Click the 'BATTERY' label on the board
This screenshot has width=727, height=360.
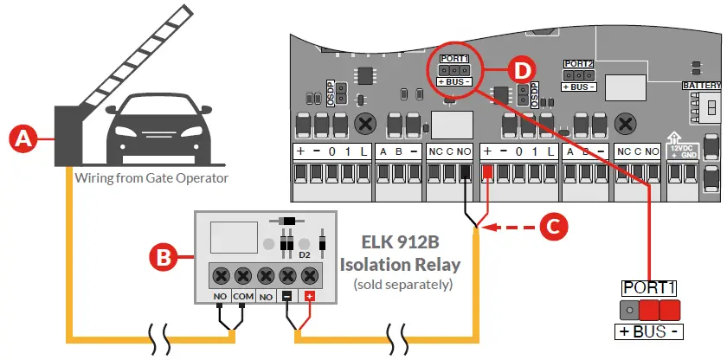click(700, 87)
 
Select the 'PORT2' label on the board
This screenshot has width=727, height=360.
click(579, 65)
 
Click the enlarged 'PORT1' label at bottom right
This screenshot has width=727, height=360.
click(648, 286)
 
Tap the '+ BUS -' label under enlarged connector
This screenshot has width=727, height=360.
click(648, 332)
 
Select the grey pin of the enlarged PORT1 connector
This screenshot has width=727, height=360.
click(628, 309)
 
